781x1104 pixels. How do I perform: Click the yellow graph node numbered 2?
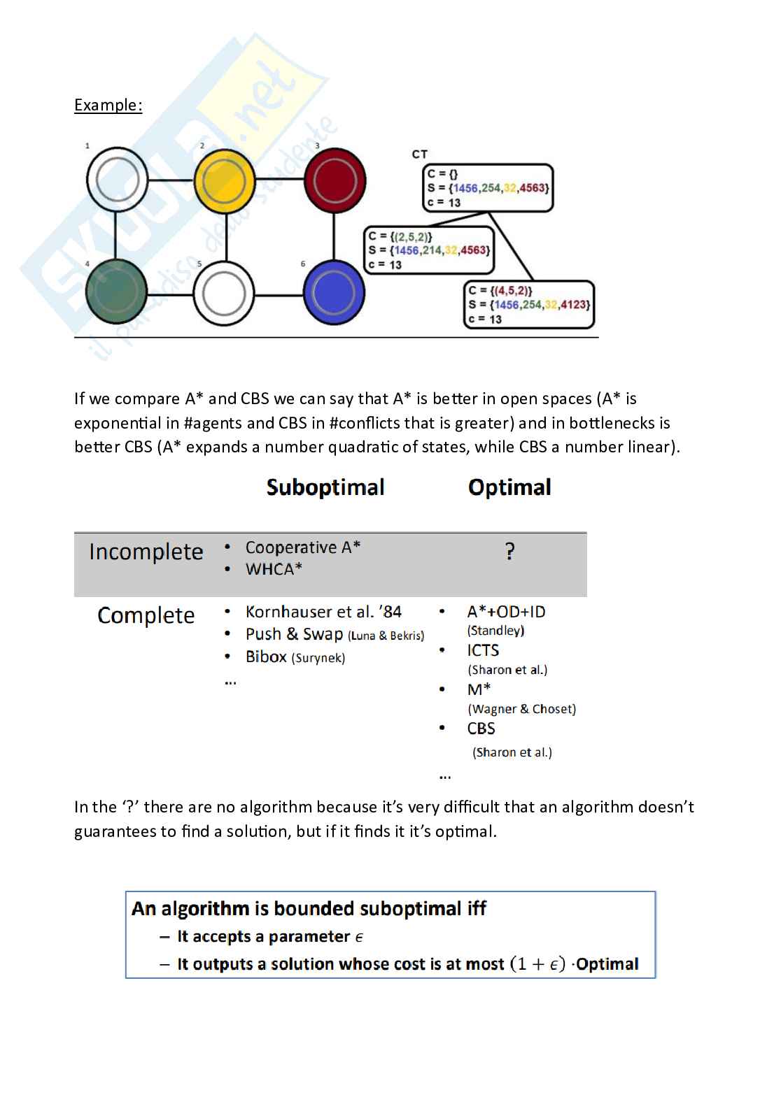[x=224, y=181]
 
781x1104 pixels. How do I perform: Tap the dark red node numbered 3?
[x=335, y=181]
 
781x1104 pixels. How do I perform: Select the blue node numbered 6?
[x=334, y=293]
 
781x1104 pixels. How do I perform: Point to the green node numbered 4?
[x=116, y=293]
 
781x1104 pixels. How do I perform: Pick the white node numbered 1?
[x=117, y=180]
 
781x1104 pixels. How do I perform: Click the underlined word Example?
[x=108, y=106]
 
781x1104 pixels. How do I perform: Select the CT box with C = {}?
[x=488, y=188]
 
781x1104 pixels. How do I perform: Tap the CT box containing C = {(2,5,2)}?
[x=429, y=250]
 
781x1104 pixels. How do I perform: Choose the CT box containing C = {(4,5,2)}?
[x=528, y=305]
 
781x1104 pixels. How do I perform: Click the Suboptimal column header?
[x=325, y=487]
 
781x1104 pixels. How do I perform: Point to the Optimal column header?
[x=509, y=487]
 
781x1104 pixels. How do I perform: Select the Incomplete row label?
[x=146, y=552]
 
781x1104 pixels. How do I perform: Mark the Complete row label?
[x=146, y=615]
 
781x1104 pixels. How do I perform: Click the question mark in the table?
[x=510, y=552]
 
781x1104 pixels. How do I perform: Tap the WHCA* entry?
[x=274, y=569]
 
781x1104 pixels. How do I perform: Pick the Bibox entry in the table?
[x=266, y=657]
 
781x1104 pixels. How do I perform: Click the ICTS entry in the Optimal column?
[x=483, y=650]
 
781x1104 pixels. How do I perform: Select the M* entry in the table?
[x=479, y=689]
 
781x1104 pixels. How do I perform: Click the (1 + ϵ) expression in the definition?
[x=537, y=963]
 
